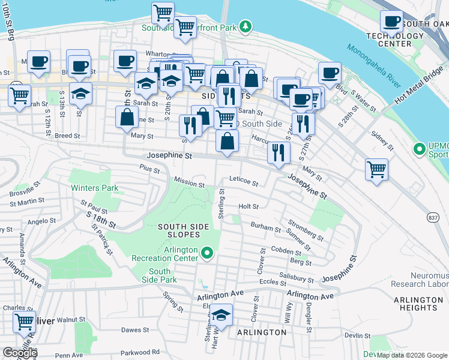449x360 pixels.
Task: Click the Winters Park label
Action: [95, 188]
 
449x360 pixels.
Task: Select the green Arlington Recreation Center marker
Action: [207, 253]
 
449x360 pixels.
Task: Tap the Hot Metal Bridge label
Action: [418, 82]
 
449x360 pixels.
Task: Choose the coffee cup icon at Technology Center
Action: [391, 22]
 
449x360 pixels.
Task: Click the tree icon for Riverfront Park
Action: [245, 26]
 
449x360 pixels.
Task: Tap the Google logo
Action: [20, 353]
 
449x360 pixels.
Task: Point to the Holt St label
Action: [248, 206]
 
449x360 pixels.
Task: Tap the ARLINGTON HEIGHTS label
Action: [418, 304]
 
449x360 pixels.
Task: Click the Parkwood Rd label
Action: [139, 352]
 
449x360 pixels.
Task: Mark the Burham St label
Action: [265, 229]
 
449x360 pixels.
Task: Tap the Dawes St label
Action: [134, 330]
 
